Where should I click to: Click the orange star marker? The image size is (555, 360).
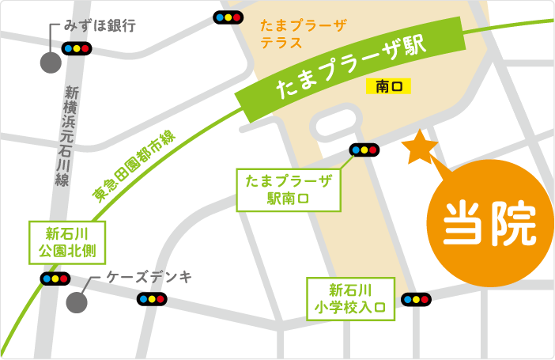click(419, 148)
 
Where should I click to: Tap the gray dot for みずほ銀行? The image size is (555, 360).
click(51, 63)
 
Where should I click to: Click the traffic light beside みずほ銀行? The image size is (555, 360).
click(77, 48)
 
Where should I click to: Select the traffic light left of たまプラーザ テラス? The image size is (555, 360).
click(228, 17)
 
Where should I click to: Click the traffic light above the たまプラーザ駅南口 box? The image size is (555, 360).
click(364, 149)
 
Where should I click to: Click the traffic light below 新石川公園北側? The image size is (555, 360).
click(55, 279)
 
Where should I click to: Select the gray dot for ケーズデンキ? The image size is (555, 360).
click(77, 301)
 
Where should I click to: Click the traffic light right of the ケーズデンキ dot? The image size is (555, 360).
click(151, 298)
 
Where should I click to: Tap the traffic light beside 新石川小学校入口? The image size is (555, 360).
click(416, 299)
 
